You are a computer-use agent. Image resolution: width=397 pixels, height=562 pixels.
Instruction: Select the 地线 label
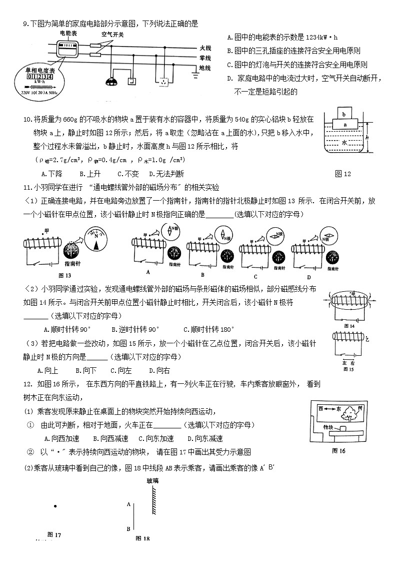point(205,68)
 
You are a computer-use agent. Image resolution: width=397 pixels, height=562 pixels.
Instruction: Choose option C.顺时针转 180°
point(208,329)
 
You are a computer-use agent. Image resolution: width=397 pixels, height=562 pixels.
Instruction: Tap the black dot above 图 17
point(54,506)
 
